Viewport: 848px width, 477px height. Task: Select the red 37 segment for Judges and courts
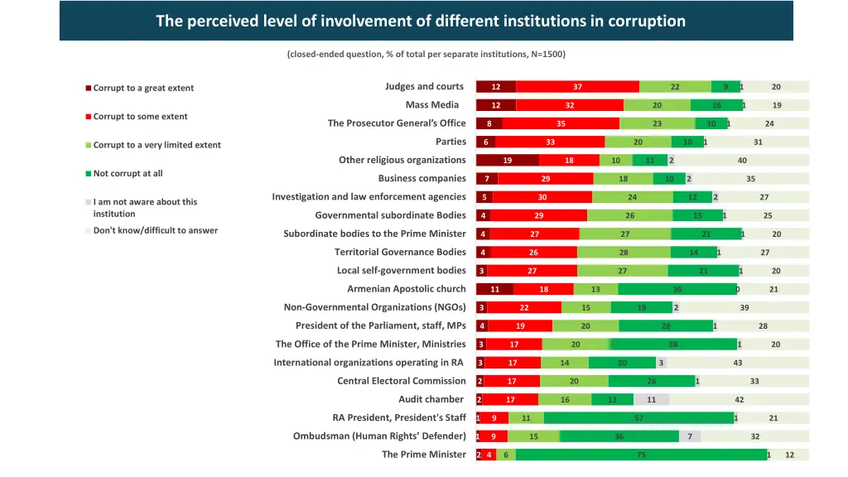pyautogui.click(x=577, y=87)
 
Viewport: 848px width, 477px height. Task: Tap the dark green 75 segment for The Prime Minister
pyautogui.click(x=641, y=455)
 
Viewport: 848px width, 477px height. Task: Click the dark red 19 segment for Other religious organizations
pyautogui.click(x=507, y=161)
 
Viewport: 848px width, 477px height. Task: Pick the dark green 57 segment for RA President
pyautogui.click(x=638, y=418)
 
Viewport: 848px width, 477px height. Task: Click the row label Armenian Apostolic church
pyautogui.click(x=406, y=289)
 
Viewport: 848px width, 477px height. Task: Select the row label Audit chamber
pyautogui.click(x=431, y=399)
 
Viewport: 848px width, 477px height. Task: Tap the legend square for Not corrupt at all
pyautogui.click(x=89, y=174)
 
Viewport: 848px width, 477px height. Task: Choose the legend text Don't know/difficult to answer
pyautogui.click(x=155, y=230)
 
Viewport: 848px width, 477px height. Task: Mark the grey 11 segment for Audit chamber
pyautogui.click(x=652, y=400)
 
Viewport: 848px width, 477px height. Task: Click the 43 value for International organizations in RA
pyautogui.click(x=737, y=363)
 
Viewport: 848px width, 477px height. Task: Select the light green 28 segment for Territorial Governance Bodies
pyautogui.click(x=624, y=253)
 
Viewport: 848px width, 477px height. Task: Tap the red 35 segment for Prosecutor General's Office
pyautogui.click(x=561, y=124)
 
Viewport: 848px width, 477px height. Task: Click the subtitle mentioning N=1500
pyautogui.click(x=426, y=55)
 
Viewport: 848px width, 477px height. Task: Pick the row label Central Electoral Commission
pyautogui.click(x=401, y=381)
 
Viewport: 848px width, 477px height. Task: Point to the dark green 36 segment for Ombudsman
pyautogui.click(x=619, y=436)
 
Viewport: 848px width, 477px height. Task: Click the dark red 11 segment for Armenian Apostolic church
pyautogui.click(x=494, y=289)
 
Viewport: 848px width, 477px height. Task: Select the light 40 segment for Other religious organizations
pyautogui.click(x=741, y=161)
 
